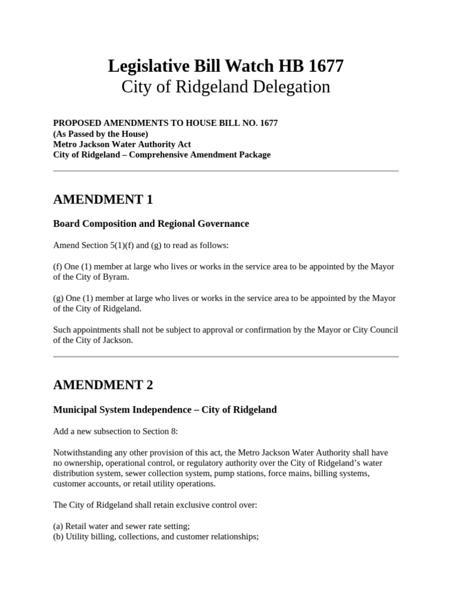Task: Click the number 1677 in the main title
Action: click(x=323, y=66)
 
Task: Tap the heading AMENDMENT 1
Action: click(x=103, y=200)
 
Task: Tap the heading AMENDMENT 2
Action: click(x=103, y=385)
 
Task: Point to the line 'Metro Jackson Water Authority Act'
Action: click(x=122, y=144)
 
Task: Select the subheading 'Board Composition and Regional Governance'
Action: click(x=151, y=224)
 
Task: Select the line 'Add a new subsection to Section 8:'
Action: click(x=115, y=432)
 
